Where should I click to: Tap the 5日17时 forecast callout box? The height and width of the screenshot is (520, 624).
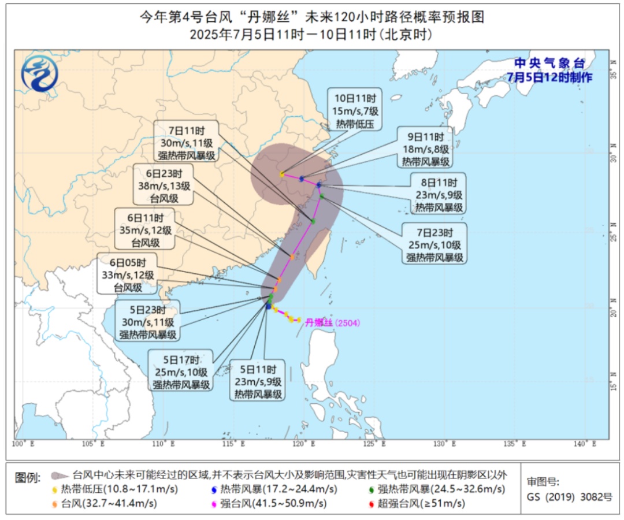(x=181, y=370)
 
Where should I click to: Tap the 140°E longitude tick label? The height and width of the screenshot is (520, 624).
(x=585, y=444)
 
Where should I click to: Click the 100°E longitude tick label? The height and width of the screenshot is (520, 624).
(x=24, y=444)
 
